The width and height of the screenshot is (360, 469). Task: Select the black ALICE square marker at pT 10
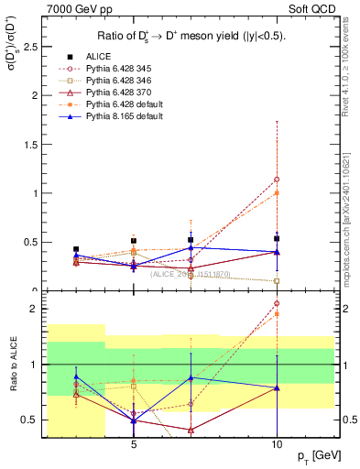click(277, 238)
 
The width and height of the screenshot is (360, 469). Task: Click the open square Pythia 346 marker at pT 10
click(277, 281)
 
